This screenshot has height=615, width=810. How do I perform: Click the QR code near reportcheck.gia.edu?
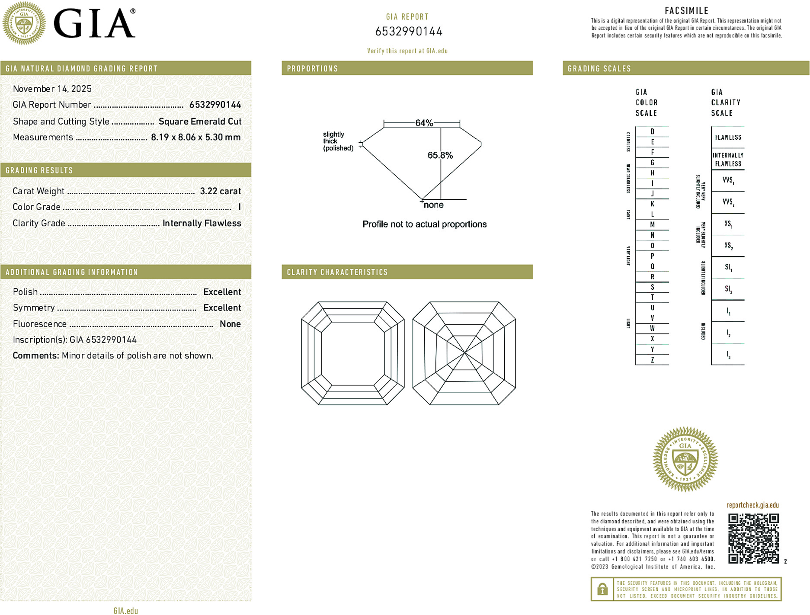[x=753, y=538]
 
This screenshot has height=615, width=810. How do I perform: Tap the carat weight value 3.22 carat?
[x=220, y=191]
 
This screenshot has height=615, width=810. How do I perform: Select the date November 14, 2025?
[x=52, y=89]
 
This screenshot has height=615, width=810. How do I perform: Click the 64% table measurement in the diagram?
[x=424, y=123]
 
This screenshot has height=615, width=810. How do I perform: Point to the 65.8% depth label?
[x=440, y=155]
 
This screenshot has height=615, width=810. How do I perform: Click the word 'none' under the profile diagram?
[x=433, y=205]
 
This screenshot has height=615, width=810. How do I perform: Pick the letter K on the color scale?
[x=652, y=204]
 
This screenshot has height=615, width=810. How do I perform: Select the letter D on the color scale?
[x=652, y=131]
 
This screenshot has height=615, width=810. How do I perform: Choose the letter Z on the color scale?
[x=652, y=360]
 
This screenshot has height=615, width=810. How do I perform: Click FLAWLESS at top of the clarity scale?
[x=728, y=138]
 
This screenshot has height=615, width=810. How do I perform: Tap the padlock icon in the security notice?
[x=602, y=589]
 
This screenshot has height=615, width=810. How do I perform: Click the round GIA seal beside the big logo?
[x=24, y=23]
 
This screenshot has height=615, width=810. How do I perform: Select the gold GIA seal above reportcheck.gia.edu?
[x=685, y=459]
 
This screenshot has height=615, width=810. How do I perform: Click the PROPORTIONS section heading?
[x=312, y=69]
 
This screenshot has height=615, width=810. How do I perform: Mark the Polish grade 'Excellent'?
[x=222, y=292]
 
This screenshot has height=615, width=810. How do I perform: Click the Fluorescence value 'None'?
[x=230, y=324]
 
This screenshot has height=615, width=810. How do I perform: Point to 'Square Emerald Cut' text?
[x=200, y=122]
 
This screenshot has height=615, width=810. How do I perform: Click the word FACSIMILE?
[x=686, y=11]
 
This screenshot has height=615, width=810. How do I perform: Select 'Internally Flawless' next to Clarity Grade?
[x=202, y=223]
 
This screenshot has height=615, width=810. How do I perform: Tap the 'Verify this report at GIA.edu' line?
[x=407, y=51]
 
